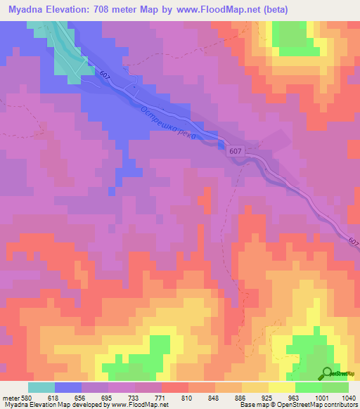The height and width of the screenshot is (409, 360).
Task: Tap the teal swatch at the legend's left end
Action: pos(41,387)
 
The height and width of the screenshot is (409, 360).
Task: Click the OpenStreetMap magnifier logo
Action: pos(328,375)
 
